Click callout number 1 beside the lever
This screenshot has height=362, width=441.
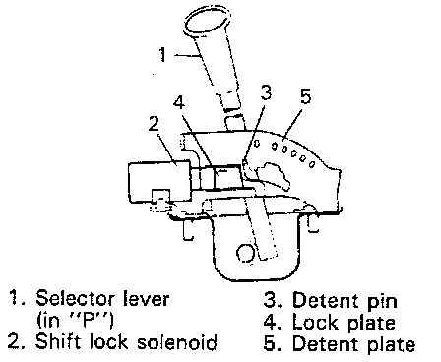point(162,55)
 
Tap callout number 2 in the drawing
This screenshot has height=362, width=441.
point(154,125)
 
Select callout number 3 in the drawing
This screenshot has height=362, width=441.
point(266,92)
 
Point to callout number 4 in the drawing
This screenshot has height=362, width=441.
point(179,103)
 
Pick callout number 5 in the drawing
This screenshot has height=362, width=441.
point(305,96)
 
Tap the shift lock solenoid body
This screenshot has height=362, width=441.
point(159,181)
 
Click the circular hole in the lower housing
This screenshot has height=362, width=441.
point(245,254)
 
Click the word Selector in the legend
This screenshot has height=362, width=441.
point(75,299)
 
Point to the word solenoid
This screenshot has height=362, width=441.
point(177,342)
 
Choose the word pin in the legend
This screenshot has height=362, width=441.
point(382,301)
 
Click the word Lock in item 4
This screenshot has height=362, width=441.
point(315,323)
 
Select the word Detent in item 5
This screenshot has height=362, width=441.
point(327,344)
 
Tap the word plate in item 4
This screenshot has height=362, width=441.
point(371,324)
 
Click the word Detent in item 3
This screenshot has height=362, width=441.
point(327,300)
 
